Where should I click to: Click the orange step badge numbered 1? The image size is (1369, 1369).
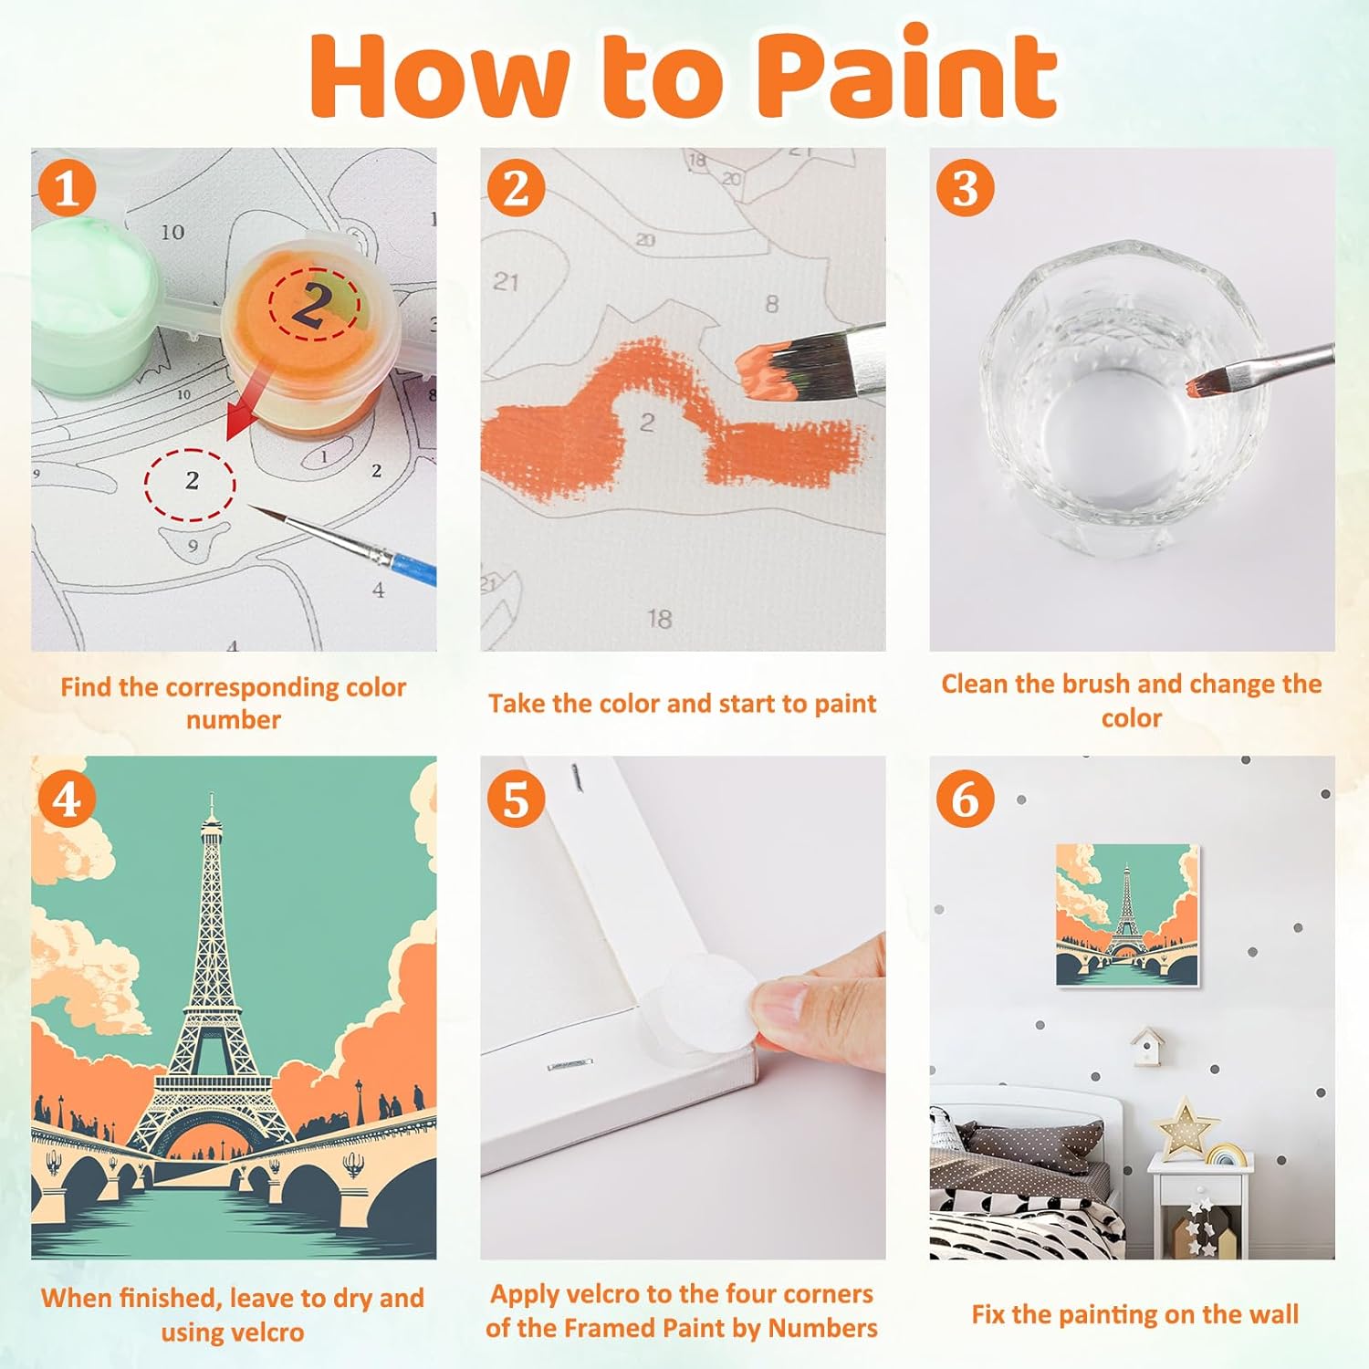coord(66,189)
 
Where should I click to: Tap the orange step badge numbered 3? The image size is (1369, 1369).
coord(965,188)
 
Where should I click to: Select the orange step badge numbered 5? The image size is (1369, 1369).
coord(516,799)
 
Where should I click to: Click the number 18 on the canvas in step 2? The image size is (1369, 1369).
coord(659,620)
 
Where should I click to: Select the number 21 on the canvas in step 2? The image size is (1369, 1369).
coord(506,282)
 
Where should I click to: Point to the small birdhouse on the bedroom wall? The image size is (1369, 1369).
coord(1146,1046)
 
